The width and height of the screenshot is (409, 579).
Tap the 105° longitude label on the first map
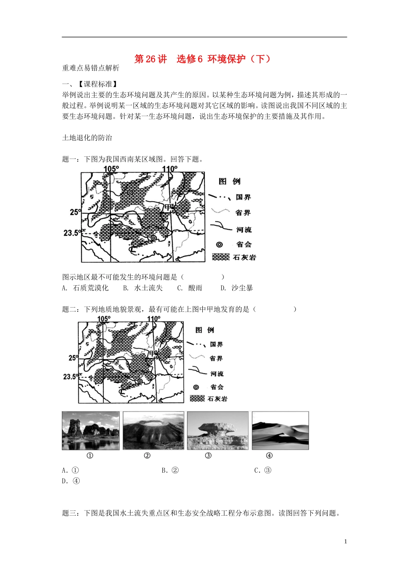tap(111, 169)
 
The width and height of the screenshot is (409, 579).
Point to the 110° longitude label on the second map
tap(154, 319)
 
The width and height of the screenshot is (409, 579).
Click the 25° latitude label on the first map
tap(75, 212)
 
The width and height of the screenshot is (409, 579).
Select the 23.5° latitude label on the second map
tap(71, 377)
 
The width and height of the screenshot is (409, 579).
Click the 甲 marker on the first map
tap(168, 208)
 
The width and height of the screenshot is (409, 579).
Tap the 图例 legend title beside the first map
tap(229, 181)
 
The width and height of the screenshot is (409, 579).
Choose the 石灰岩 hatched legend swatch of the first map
tap(221, 257)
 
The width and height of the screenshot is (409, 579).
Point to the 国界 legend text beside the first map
tap(243, 197)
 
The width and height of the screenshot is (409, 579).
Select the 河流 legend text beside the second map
tap(217, 373)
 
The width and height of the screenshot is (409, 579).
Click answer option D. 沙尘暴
tap(237, 288)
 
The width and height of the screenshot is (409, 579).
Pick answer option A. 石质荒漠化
tap(85, 288)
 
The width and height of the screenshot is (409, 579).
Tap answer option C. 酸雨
tap(190, 288)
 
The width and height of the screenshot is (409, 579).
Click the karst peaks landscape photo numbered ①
tap(90, 430)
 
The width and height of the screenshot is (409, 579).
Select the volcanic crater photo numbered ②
tap(153, 430)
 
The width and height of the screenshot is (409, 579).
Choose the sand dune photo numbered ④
tap(280, 430)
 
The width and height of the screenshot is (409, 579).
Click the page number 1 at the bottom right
tap(345, 542)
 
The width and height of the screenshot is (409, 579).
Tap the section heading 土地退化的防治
tap(87, 138)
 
